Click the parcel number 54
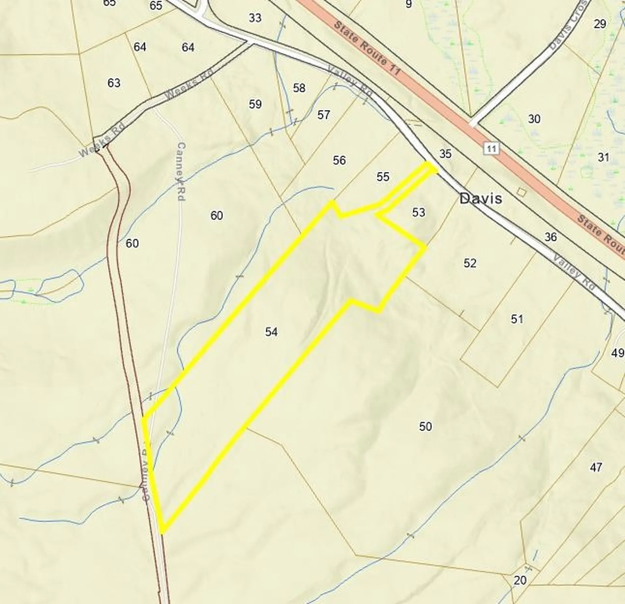tap(271, 332)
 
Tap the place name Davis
tap(480, 198)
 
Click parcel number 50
tap(425, 426)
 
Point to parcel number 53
tap(419, 212)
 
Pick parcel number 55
tap(383, 177)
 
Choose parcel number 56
tap(339, 160)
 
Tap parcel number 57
tap(324, 115)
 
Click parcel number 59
tap(255, 104)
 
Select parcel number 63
tap(114, 83)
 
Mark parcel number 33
tap(255, 18)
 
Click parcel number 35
tap(445, 153)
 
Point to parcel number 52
tap(470, 263)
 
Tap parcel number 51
tap(517, 319)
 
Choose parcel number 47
tap(596, 467)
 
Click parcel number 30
tap(534, 119)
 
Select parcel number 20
tap(520, 580)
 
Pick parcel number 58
tap(299, 88)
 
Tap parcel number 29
tap(600, 24)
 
